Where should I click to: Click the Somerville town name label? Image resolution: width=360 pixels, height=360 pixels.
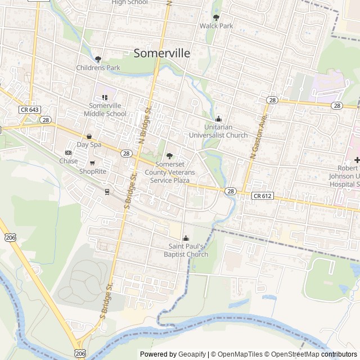(162, 53)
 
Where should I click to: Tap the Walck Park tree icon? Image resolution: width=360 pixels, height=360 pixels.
(217, 17)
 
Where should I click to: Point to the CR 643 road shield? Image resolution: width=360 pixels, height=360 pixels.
(29, 109)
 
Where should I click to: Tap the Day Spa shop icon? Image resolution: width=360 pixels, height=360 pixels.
(89, 137)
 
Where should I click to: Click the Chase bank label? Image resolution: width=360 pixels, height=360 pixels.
(69, 161)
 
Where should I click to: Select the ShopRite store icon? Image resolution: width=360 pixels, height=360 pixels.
(92, 163)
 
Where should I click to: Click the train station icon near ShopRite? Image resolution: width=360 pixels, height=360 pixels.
(106, 191)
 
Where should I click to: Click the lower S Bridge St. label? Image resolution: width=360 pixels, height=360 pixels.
(107, 298)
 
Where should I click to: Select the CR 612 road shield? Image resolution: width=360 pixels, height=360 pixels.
(262, 196)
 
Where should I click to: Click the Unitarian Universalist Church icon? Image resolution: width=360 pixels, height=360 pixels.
(219, 119)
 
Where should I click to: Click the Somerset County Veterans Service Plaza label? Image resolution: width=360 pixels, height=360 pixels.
(169, 172)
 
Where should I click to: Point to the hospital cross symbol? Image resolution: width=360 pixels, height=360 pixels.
(357, 160)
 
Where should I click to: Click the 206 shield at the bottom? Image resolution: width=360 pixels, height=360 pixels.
(80, 353)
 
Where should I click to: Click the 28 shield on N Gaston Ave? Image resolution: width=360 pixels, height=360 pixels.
(272, 100)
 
